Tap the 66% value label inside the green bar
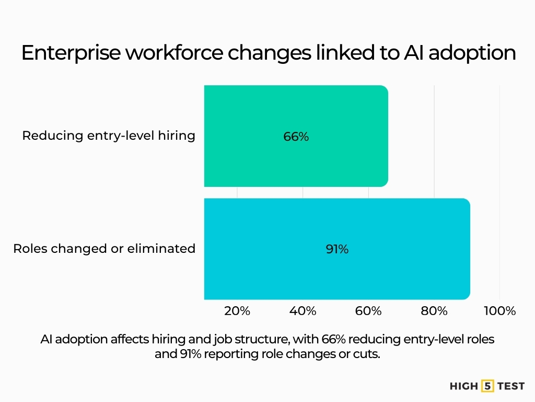(296, 137)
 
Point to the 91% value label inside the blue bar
(337, 249)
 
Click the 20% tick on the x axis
(237, 311)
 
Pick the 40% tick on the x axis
(303, 311)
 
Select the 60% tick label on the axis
(368, 311)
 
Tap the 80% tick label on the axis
(434, 311)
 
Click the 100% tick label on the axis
(499, 311)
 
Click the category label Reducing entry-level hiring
(109, 136)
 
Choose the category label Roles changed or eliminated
(104, 249)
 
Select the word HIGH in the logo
(463, 386)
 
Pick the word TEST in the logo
(511, 386)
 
